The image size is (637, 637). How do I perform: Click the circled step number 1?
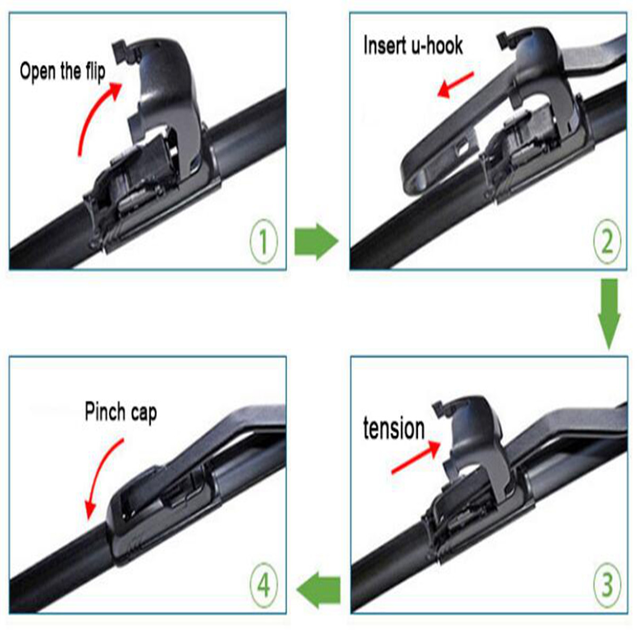(263, 242)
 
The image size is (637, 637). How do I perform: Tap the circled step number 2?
(607, 242)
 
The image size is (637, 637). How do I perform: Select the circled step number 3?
(607, 586)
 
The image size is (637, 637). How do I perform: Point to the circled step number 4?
(264, 586)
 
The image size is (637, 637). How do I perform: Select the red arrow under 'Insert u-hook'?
(455, 85)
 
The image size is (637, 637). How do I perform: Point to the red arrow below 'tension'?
(417, 458)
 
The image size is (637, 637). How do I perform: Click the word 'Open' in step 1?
(38, 71)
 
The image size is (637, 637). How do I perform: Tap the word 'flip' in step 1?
(94, 71)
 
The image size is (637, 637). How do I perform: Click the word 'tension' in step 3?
(394, 428)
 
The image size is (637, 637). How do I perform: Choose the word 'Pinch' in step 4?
(105, 411)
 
